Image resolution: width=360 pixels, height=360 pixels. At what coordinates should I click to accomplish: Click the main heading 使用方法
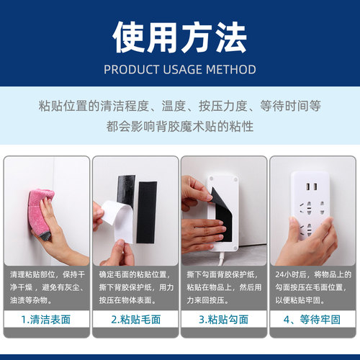click(x=180, y=36)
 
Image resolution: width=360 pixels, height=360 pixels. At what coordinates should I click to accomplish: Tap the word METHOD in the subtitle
click(x=231, y=70)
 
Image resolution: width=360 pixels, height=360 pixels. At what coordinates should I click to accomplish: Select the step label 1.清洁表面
click(x=47, y=318)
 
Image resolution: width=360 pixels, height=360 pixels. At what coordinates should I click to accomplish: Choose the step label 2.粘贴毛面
click(x=135, y=318)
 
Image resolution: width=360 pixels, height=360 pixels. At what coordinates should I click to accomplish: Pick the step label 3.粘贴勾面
click(x=224, y=318)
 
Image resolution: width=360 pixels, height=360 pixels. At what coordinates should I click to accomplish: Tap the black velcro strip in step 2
click(x=148, y=209)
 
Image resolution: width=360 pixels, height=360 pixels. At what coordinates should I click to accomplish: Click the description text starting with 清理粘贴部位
click(x=47, y=287)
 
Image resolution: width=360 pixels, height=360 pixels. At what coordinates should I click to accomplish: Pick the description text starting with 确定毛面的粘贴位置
click(x=135, y=287)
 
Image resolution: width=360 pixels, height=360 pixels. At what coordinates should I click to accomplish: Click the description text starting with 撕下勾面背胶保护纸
click(x=224, y=287)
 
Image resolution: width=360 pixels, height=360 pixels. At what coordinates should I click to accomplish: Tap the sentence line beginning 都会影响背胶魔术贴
click(x=180, y=127)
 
